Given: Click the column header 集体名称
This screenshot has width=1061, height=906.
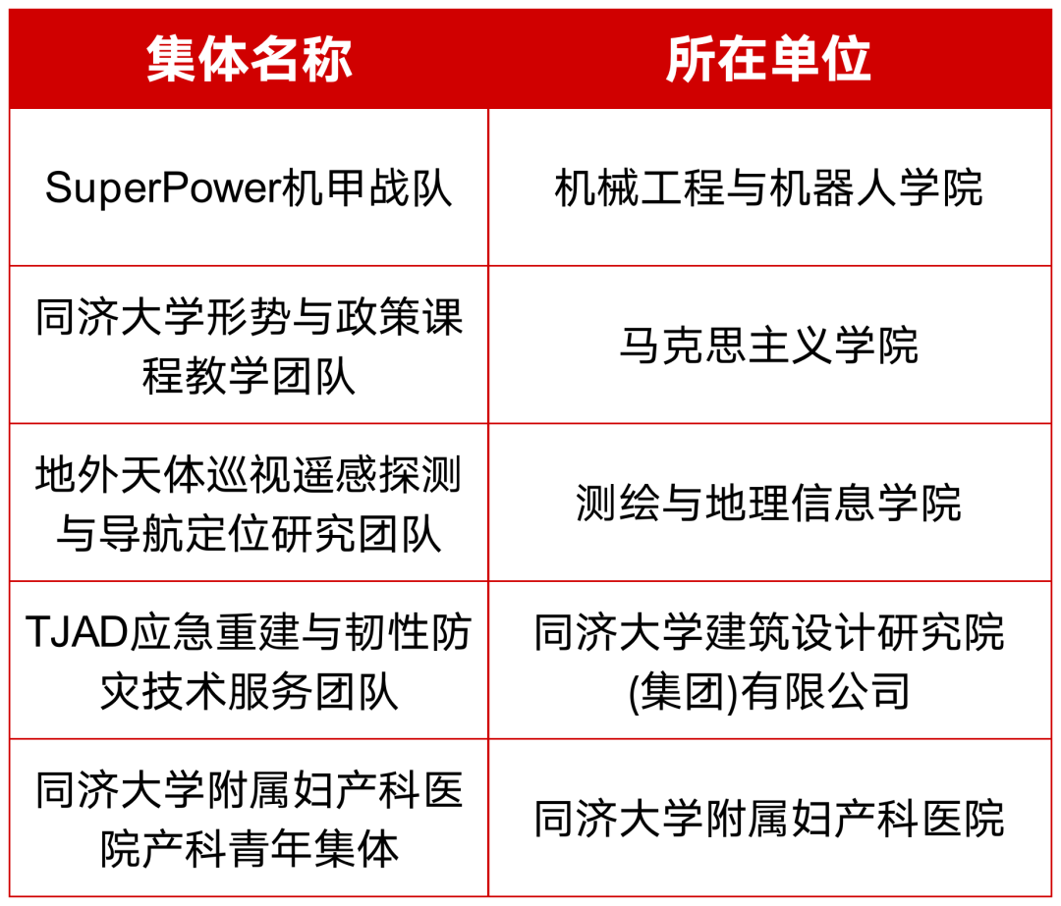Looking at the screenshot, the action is (x=249, y=60).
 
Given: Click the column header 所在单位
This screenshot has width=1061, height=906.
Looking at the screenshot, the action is (x=768, y=60).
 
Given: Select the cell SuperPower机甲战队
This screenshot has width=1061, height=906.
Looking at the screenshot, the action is (x=249, y=187).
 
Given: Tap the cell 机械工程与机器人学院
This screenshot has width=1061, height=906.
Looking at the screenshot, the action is (x=769, y=187).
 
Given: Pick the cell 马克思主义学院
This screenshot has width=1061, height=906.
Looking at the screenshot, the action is (x=769, y=345).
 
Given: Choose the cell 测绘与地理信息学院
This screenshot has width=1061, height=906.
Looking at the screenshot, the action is (x=769, y=503).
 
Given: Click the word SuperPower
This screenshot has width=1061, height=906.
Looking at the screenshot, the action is (x=162, y=187).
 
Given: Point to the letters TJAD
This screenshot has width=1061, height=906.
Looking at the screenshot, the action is (x=77, y=632).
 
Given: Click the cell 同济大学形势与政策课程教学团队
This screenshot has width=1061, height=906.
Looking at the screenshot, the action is (x=249, y=345).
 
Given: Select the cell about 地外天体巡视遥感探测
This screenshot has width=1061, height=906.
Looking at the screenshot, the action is (x=249, y=503).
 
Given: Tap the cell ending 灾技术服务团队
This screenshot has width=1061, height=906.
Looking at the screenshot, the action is (x=249, y=660).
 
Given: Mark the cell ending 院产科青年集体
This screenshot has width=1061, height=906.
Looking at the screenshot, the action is (x=249, y=818).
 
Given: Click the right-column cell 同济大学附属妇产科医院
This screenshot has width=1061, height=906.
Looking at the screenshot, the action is (x=769, y=818).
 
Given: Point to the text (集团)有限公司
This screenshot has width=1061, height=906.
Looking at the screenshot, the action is (x=769, y=692).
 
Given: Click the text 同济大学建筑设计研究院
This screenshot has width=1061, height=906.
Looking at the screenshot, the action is (x=769, y=632).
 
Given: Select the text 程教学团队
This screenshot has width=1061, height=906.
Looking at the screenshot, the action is (x=249, y=375).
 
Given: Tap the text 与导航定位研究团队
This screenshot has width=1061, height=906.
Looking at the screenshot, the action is (x=249, y=533).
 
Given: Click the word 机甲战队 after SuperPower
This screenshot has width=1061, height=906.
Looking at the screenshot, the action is (x=366, y=187).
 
